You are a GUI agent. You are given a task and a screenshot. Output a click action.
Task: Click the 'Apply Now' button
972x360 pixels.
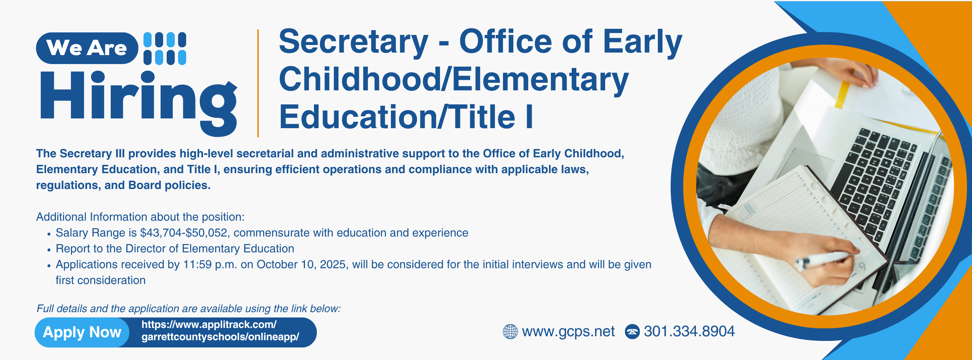point(82,332)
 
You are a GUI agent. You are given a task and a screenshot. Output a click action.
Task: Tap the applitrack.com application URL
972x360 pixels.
point(220,330)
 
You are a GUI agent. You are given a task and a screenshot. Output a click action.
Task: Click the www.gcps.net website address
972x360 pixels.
point(568,332)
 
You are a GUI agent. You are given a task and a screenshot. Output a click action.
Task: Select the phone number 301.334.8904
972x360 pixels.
point(689,331)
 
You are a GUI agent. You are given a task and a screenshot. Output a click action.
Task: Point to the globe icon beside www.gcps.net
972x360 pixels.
point(510,332)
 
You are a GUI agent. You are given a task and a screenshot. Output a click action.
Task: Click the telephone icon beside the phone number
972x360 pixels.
point(633,332)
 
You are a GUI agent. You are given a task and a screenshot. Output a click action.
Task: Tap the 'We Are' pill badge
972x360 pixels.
point(87,48)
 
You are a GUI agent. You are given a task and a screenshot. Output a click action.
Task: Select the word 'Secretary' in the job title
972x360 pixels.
point(354,42)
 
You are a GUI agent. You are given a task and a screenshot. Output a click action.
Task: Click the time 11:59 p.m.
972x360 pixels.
point(210,265)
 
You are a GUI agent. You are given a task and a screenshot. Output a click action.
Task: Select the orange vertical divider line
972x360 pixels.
point(258,83)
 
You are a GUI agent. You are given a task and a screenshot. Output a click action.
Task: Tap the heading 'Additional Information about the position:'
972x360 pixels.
point(140,217)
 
